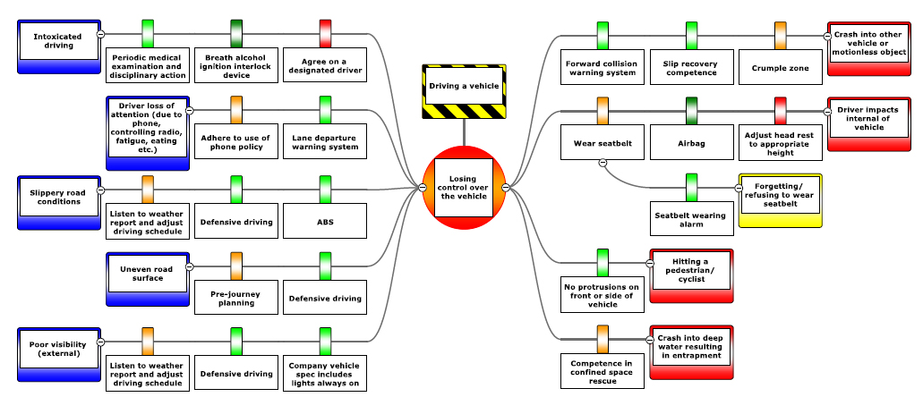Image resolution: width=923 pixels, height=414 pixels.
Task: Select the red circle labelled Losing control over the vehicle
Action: [x=464, y=188]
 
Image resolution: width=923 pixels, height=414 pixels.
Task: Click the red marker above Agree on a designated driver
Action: [x=324, y=33]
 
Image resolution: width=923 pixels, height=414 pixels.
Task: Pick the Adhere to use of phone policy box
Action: [x=236, y=140]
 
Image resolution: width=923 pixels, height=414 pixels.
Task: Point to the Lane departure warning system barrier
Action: [x=324, y=140]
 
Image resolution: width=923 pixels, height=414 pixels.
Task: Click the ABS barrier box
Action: [x=324, y=222]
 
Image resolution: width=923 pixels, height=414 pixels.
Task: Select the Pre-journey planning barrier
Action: [x=236, y=297]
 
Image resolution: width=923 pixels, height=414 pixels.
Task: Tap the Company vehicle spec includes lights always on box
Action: [x=324, y=373]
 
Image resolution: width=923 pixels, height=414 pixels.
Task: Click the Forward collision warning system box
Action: [x=602, y=67]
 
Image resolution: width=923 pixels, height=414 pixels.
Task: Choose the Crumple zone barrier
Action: [x=780, y=67]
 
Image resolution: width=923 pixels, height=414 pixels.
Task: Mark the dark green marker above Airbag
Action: [x=691, y=110]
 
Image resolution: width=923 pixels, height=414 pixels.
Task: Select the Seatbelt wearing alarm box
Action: [x=691, y=220]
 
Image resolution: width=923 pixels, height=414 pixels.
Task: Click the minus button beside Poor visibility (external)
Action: [x=99, y=341]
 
